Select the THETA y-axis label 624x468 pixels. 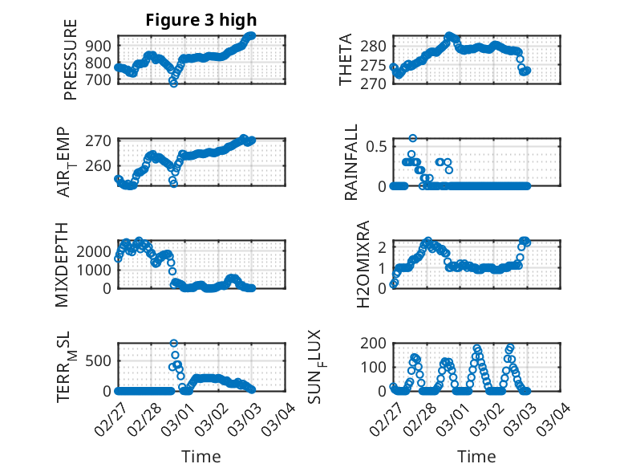point(346,59)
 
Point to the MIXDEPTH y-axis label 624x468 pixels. point(62,264)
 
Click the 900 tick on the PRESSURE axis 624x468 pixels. point(100,45)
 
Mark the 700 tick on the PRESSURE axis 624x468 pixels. point(100,80)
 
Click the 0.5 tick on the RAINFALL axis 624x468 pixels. point(376,146)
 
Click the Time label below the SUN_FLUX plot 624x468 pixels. point(476,456)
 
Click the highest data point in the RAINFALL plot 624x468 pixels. point(413,138)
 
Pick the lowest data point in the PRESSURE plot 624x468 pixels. point(173,83)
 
